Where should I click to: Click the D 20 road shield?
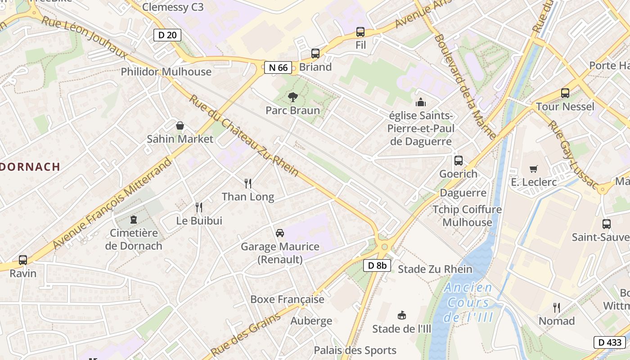pos(167,35)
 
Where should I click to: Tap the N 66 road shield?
pos(277,67)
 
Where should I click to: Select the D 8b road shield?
pos(377,265)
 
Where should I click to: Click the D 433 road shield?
pos(610,342)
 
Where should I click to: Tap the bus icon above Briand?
pos(315,54)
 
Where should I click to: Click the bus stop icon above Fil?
pos(360,32)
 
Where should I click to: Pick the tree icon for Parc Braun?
pos(292,97)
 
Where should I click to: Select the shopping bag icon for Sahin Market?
pos(180,126)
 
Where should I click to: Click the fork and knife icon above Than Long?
pos(248,183)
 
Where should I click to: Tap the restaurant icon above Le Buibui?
pos(199,207)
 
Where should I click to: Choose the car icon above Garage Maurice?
pos(280,233)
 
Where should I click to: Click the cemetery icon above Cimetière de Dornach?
pos(133,220)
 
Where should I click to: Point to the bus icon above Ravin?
pos(23,260)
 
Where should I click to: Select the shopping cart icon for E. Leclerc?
pos(534,169)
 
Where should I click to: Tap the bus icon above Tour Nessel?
pos(565,93)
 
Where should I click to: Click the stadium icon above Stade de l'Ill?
pos(402,315)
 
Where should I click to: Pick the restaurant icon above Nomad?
pos(557,308)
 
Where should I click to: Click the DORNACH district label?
pos(30,166)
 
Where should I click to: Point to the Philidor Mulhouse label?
pos(166,72)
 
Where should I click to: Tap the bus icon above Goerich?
pos(459,160)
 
